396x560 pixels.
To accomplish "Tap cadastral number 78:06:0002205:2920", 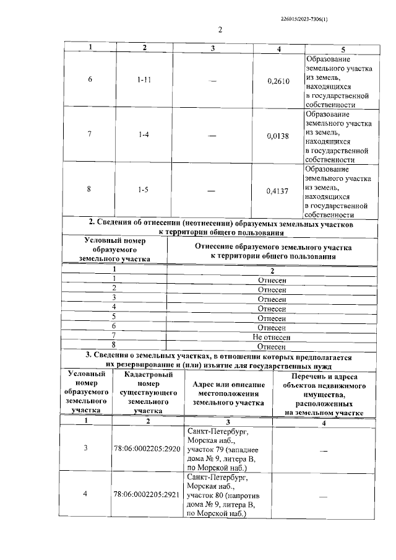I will [x=147, y=448].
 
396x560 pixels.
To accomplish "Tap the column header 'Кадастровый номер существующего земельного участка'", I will [x=147, y=393].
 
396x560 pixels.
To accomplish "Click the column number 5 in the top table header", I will [x=342, y=48].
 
